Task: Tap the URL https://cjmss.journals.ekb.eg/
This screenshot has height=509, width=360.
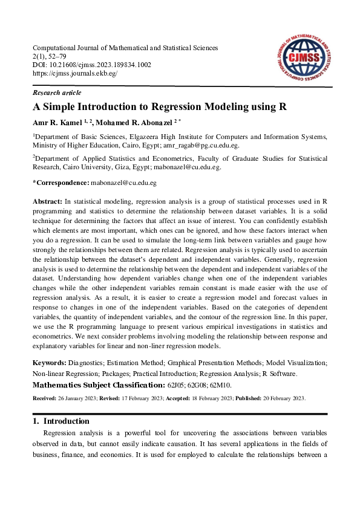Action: tap(74, 73)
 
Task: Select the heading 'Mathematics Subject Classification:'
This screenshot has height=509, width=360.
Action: tap(97, 384)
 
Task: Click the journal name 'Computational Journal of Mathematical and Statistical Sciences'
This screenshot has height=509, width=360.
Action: tap(125, 48)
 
